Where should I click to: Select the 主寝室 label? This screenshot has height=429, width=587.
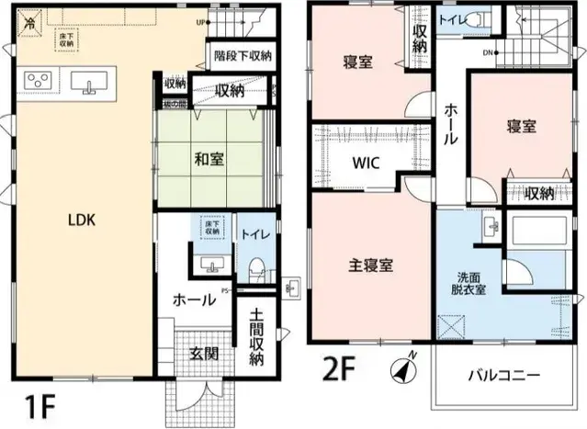(x=371, y=265)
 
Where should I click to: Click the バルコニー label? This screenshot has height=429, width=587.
(x=503, y=375)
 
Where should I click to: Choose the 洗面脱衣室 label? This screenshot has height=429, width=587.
(x=468, y=283)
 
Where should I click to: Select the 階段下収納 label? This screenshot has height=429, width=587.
(x=242, y=56)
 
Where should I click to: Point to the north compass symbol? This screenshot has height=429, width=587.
(x=401, y=369)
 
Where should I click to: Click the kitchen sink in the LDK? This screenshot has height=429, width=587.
(x=89, y=85)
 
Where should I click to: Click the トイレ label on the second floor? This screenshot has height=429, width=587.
(x=453, y=18)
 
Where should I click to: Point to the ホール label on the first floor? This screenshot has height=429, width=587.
(x=194, y=299)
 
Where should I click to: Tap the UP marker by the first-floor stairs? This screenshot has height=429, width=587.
(x=200, y=22)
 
